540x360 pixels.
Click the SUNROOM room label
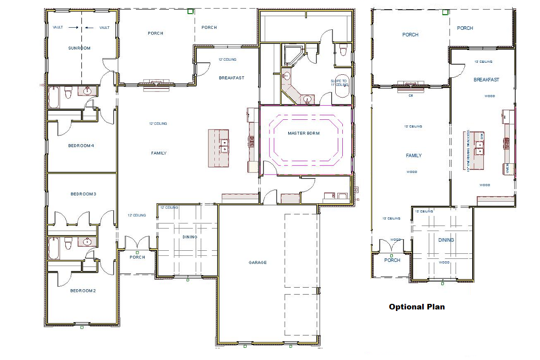pyautogui.click(x=79, y=48)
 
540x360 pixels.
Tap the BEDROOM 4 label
pyautogui.click(x=81, y=146)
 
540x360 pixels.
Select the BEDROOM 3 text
pyautogui.click(x=83, y=194)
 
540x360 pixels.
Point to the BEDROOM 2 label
pyautogui.click(x=82, y=291)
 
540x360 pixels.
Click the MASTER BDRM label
pyautogui.click(x=305, y=133)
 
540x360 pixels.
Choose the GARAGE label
pyautogui.click(x=257, y=262)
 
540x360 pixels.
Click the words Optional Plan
pyautogui.click(x=417, y=306)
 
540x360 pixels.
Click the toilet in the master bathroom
pyautogui.click(x=343, y=51)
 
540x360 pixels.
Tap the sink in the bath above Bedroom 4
pyautogui.click(x=87, y=91)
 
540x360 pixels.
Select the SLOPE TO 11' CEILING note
pyautogui.click(x=339, y=83)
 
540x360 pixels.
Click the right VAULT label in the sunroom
pyautogui.click(x=104, y=28)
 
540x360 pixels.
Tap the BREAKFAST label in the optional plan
pyautogui.click(x=486, y=80)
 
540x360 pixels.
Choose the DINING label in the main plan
pyautogui.click(x=190, y=237)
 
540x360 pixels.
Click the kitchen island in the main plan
pyautogui.click(x=218, y=148)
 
